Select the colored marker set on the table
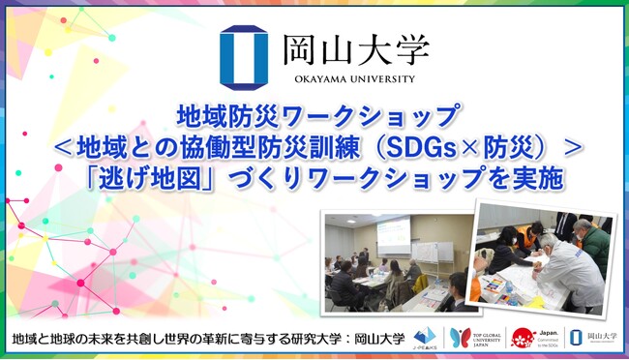point(494,284)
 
